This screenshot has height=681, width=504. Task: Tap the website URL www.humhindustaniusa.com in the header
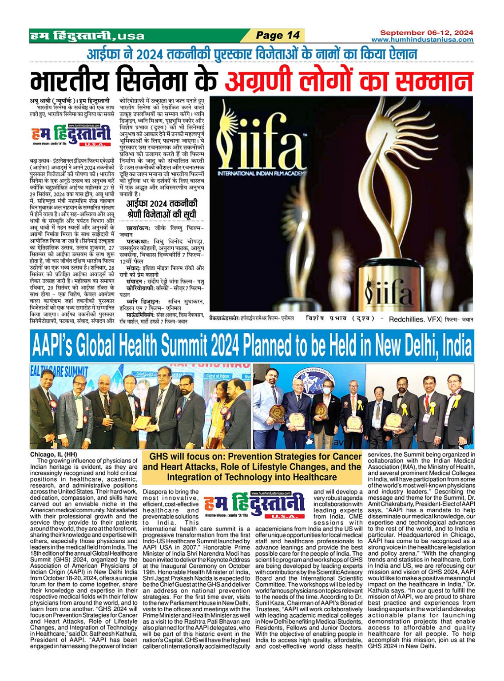coord(422,40)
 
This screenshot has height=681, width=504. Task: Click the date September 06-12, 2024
coord(426,32)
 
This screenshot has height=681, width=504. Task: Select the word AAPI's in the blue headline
coord(57,346)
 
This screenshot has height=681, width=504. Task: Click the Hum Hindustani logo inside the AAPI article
coord(254,505)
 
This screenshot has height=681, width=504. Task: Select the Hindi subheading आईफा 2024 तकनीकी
coord(162,204)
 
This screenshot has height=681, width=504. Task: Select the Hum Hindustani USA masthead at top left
coord(87,36)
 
